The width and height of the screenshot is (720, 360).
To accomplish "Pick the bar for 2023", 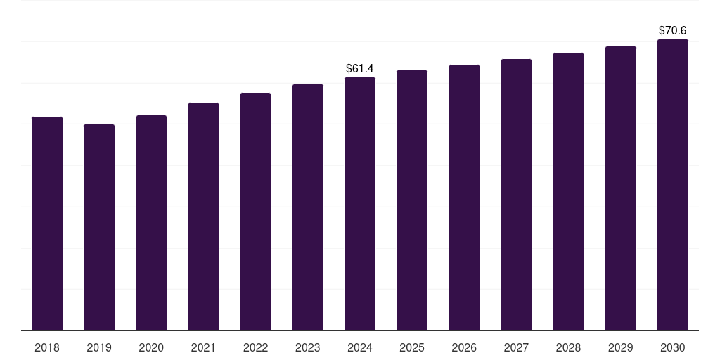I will pyautogui.click(x=308, y=207).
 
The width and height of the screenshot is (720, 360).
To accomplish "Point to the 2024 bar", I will pyautogui.click(x=360, y=204).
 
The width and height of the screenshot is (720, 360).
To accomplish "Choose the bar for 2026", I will pyautogui.click(x=464, y=198).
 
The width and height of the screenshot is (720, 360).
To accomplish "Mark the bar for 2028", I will pyautogui.click(x=568, y=191).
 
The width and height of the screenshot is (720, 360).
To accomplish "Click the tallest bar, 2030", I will pyautogui.click(x=673, y=185).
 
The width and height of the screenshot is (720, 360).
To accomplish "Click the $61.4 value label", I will pyautogui.click(x=360, y=68).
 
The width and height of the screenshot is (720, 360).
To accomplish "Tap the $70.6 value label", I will pyautogui.click(x=673, y=30).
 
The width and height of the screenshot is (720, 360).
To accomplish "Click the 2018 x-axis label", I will pyautogui.click(x=47, y=347).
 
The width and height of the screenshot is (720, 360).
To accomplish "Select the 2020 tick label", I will pyautogui.click(x=151, y=347).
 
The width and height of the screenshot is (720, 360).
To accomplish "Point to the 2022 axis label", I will pyautogui.click(x=255, y=347).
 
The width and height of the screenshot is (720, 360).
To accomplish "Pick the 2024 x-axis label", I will pyautogui.click(x=360, y=347).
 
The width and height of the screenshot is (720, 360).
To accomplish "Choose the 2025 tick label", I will pyautogui.click(x=412, y=347).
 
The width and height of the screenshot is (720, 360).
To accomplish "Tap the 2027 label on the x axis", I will pyautogui.click(x=516, y=347).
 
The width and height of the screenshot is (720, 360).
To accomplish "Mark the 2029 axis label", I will pyautogui.click(x=620, y=347).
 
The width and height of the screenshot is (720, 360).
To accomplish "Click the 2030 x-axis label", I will pyautogui.click(x=673, y=347).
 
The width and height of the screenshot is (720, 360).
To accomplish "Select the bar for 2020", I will pyautogui.click(x=151, y=223).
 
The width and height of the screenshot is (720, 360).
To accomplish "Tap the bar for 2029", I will pyautogui.click(x=620, y=188).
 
